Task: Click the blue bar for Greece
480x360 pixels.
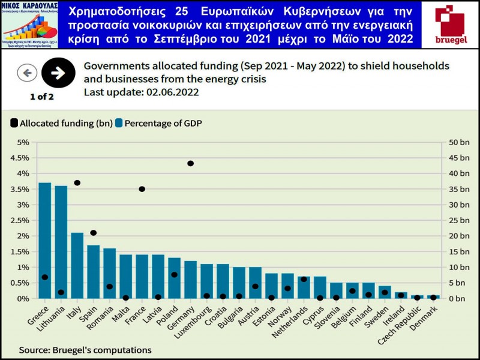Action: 45,240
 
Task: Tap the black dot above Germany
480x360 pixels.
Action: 190,163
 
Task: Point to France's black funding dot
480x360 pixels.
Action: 142,189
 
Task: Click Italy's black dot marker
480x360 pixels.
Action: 77,182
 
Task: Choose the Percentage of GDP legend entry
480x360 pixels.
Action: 159,123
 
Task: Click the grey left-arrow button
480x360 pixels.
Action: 27,73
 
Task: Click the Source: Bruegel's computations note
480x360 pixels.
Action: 85,349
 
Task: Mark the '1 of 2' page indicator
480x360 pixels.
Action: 42,96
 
